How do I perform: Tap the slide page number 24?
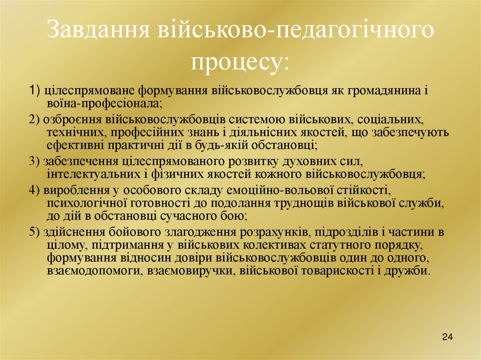[x=447, y=337]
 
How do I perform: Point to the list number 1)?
[x=35, y=90]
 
